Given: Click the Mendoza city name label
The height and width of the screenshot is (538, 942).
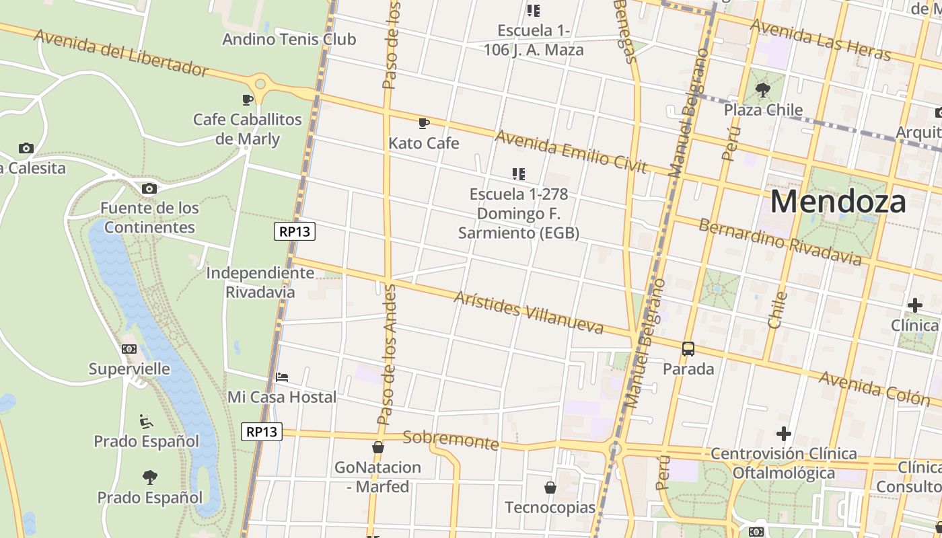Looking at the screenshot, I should pyautogui.click(x=838, y=201).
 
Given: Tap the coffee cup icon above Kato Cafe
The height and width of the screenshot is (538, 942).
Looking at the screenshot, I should pyautogui.click(x=423, y=123).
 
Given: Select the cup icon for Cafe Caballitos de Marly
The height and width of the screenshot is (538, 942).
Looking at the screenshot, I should pyautogui.click(x=248, y=100).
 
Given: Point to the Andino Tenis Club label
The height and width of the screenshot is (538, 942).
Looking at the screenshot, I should pyautogui.click(x=289, y=39).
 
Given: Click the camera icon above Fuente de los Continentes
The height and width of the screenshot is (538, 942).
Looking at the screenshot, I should pyautogui.click(x=149, y=188).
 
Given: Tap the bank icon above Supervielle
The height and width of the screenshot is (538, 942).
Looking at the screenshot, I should pyautogui.click(x=129, y=349).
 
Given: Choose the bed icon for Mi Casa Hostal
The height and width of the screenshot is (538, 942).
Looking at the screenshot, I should pyautogui.click(x=282, y=377).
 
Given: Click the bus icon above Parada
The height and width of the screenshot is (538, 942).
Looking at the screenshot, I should pyautogui.click(x=688, y=349).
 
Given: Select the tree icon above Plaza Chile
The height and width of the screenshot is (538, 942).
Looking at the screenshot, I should pyautogui.click(x=763, y=89).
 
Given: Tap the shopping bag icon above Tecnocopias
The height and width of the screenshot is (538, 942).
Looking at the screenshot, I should pyautogui.click(x=550, y=487).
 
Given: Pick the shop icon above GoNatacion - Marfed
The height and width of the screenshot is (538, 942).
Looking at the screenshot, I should pyautogui.click(x=377, y=447).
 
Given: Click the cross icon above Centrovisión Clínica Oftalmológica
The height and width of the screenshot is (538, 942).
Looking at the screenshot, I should pyautogui.click(x=783, y=434).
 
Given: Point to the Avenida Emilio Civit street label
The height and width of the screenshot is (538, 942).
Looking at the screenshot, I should pyautogui.click(x=571, y=151).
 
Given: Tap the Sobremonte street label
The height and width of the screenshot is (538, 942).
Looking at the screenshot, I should pyautogui.click(x=451, y=440).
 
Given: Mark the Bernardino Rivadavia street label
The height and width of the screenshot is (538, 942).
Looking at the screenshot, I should pyautogui.click(x=779, y=241).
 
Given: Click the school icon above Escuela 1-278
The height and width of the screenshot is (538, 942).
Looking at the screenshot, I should pyautogui.click(x=518, y=174).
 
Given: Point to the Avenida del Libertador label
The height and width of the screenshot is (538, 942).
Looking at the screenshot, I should pyautogui.click(x=121, y=52).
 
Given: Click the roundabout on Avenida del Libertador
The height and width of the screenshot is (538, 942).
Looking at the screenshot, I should pyautogui.click(x=260, y=84).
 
